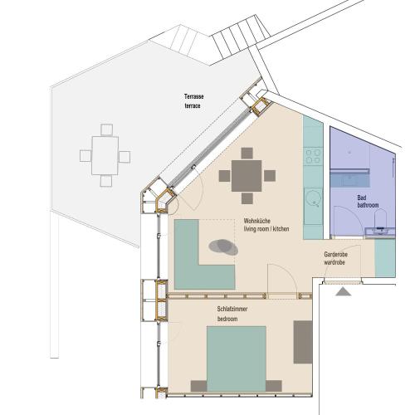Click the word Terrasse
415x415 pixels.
(194, 97)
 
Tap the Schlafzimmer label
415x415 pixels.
(232, 309)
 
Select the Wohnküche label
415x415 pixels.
(256, 221)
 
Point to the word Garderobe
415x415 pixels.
(335, 255)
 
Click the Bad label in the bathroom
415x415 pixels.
(362, 198)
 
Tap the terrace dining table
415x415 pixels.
(105, 155)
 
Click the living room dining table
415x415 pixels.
(247, 176)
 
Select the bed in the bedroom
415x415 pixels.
(237, 359)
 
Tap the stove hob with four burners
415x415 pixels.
(314, 156)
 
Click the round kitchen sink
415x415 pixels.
(314, 199)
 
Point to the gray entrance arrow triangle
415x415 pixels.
(343, 291)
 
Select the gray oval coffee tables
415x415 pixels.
(223, 247)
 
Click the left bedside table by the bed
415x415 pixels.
(198, 386)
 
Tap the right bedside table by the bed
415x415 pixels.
(274, 386)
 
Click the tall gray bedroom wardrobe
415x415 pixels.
(303, 342)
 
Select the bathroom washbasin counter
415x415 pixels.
(380, 232)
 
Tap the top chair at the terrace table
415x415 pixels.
(106, 129)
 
